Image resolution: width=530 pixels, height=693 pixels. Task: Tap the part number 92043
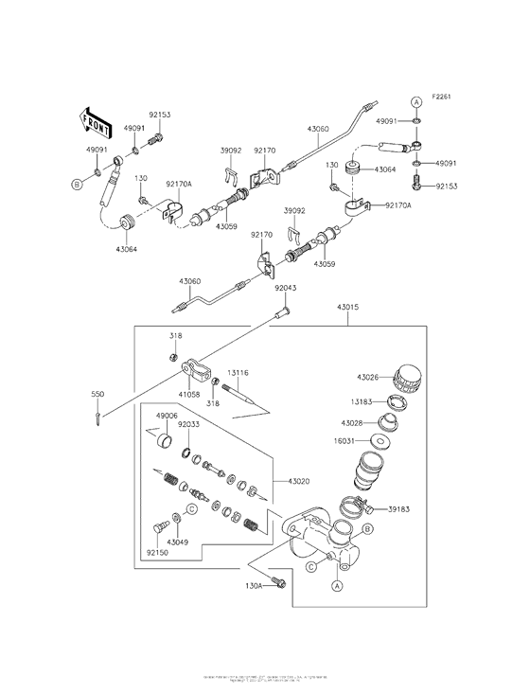[x=287, y=288]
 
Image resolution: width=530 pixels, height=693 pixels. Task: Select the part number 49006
[x=168, y=416]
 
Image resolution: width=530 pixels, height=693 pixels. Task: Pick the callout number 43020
[x=289, y=482]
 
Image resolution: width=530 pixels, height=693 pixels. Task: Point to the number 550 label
[x=97, y=392]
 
